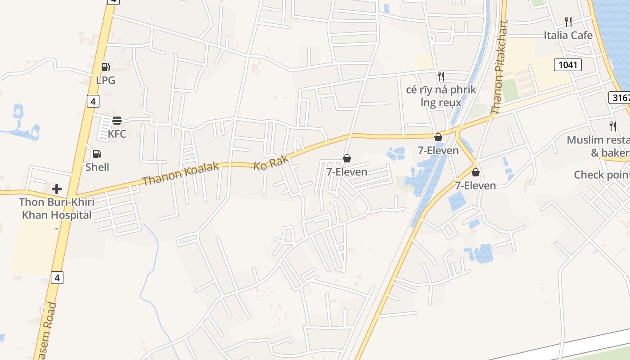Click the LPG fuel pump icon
pyautogui.click(x=106, y=67)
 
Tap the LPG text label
pyautogui.click(x=106, y=81)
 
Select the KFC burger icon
pyautogui.click(x=117, y=120)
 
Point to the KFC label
pyautogui.click(x=117, y=134)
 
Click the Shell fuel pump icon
pyautogui.click(x=97, y=154)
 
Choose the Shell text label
pyautogui.click(x=97, y=167)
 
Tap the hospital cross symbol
pyautogui.click(x=57, y=189)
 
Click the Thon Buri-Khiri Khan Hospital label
pyautogui.click(x=57, y=209)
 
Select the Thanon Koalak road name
pyautogui.click(x=180, y=174)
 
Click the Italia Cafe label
pyautogui.click(x=568, y=35)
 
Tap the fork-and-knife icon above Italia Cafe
pyautogui.click(x=568, y=21)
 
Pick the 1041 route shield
pyautogui.click(x=567, y=65)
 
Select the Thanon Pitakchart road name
pyautogui.click(x=499, y=67)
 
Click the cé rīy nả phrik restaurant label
pyautogui.click(x=441, y=96)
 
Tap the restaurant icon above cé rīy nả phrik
pyautogui.click(x=441, y=76)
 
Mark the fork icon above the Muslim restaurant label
pyautogui.click(x=612, y=126)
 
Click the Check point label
pyautogui.click(x=601, y=175)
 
